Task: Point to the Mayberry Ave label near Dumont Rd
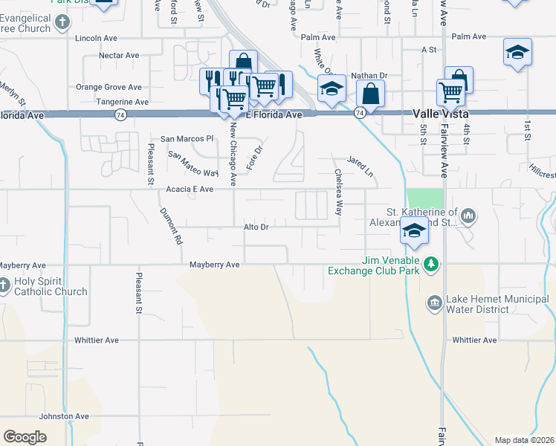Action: (214, 265)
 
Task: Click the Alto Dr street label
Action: (256, 227)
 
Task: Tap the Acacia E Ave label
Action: (190, 190)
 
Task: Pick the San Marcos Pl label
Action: (187, 139)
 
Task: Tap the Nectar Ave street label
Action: (119, 55)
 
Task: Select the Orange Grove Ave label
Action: (109, 87)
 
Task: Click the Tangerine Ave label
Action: (123, 102)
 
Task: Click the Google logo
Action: (25, 437)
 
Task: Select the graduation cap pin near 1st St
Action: (517, 52)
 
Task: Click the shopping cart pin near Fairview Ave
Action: (450, 92)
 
